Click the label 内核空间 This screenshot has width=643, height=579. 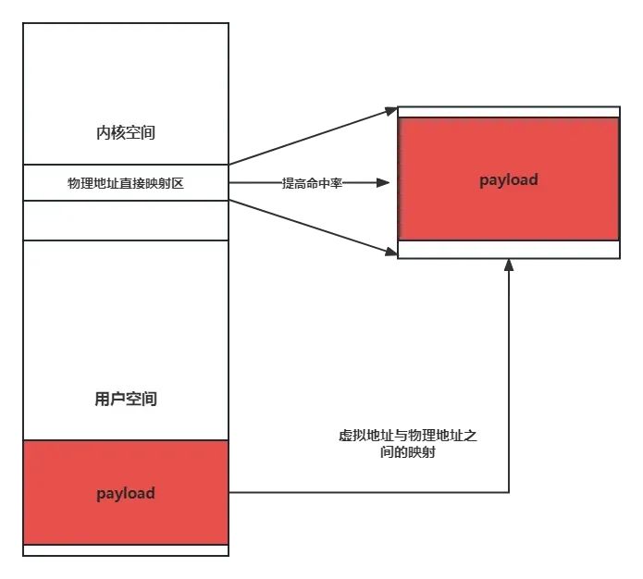coord(126,132)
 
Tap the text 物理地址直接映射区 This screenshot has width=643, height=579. coord(126,183)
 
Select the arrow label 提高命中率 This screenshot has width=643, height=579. coord(312,183)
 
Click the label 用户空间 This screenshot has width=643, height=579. coord(126,399)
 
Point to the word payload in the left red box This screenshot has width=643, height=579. coord(126,493)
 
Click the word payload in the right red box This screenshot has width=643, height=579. coord(509,180)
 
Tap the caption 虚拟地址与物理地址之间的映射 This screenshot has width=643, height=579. coord(408,444)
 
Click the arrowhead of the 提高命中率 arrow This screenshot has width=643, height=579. coord(383,182)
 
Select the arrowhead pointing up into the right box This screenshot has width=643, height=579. coord(509,265)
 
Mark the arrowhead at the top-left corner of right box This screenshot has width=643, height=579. coord(391,110)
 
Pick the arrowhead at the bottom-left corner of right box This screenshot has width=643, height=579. coord(391,252)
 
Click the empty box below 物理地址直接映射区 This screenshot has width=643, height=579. coord(126,220)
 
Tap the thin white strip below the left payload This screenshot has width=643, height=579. coord(126,550)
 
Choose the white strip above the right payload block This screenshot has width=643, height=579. coord(509,112)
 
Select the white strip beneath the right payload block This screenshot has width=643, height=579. coord(509,250)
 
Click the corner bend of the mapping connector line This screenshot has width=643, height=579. coord(509,492)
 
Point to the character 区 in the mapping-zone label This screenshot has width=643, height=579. coord(178,183)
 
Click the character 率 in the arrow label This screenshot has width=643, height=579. coord(336,183)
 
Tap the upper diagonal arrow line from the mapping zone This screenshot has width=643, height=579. coord(313,137)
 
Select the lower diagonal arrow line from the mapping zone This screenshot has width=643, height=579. coord(313,228)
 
